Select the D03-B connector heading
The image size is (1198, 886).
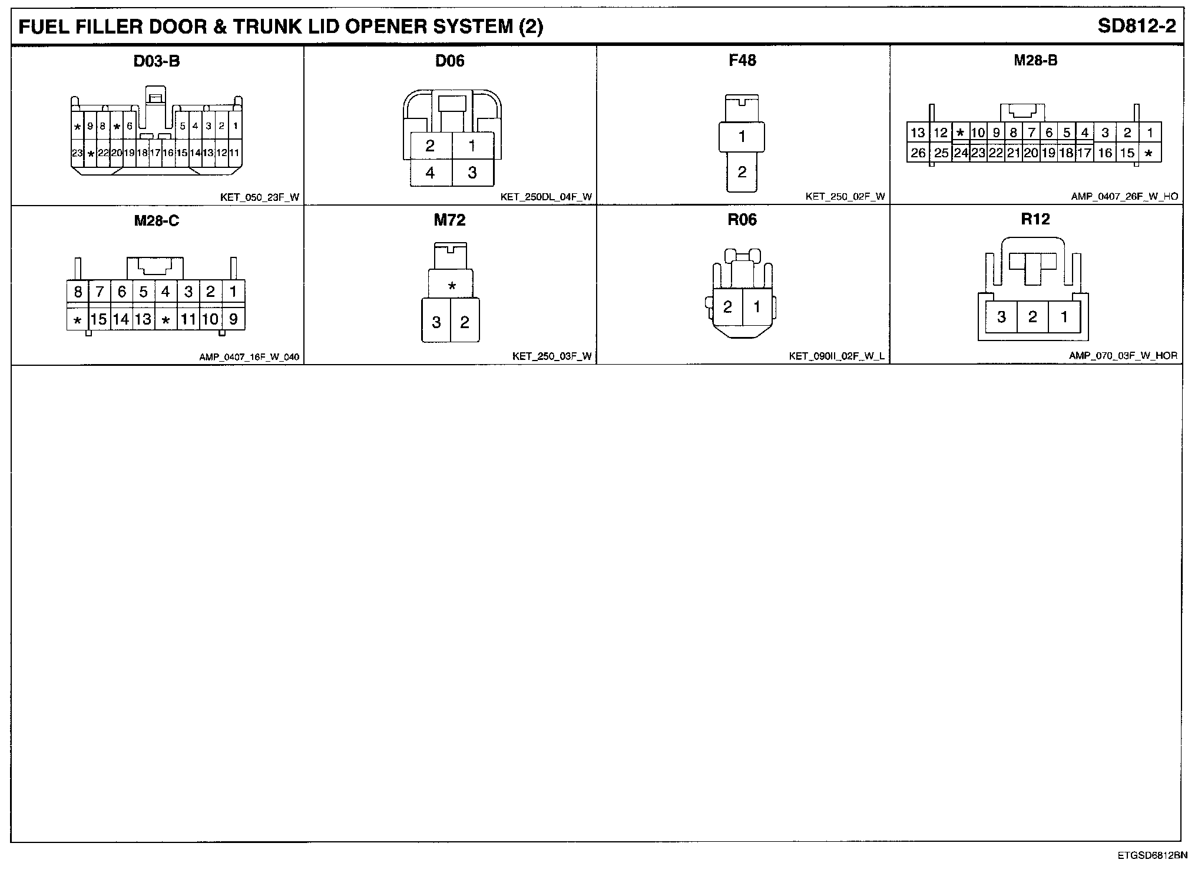[x=156, y=61]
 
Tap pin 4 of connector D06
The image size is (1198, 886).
[x=430, y=173]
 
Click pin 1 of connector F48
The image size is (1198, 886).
[x=742, y=137]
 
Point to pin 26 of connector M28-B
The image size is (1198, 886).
[x=918, y=153]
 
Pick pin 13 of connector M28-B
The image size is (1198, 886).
[x=918, y=133]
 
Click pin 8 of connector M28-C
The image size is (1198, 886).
[x=78, y=292]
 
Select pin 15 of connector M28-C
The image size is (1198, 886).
[x=99, y=319]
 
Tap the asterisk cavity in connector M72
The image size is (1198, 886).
[x=451, y=287]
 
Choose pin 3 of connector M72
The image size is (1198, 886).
[x=436, y=322]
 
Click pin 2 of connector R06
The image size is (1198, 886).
[x=727, y=306]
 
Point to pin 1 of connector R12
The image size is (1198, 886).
[x=1064, y=317]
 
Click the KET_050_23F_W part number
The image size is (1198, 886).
[x=259, y=197]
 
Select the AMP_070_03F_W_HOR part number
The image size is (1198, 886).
[x=1123, y=356]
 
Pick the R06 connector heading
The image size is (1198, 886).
[x=742, y=220]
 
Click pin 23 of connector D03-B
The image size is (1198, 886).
[x=77, y=153]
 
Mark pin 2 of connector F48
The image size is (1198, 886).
[x=742, y=172]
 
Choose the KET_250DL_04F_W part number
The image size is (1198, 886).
[x=546, y=197]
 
